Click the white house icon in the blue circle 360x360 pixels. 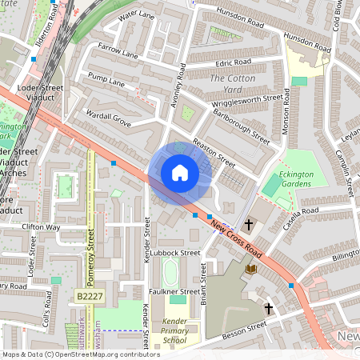(180, 172)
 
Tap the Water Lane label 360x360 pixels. (135, 16)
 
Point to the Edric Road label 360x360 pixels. (233, 62)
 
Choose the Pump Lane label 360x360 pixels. (106, 82)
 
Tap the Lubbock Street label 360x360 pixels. (175, 253)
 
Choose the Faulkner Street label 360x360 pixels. (174, 292)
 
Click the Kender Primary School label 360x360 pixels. (174, 331)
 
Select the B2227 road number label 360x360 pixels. (90, 296)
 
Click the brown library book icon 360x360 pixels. (252, 270)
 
